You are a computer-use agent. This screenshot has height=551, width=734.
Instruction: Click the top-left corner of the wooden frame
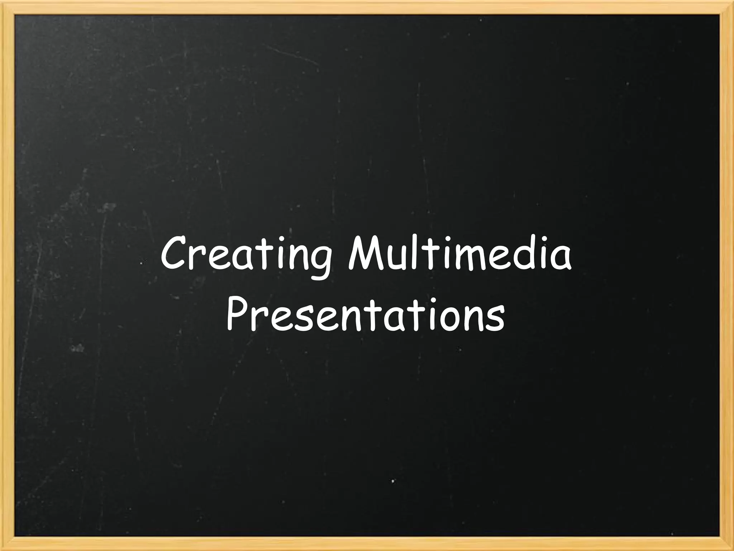click(7, 7)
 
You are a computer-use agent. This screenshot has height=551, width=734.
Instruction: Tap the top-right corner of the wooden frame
click(727, 7)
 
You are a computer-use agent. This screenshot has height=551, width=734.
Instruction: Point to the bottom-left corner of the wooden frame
click(7, 544)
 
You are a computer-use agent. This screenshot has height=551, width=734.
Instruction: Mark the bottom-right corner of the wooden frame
click(727, 544)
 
